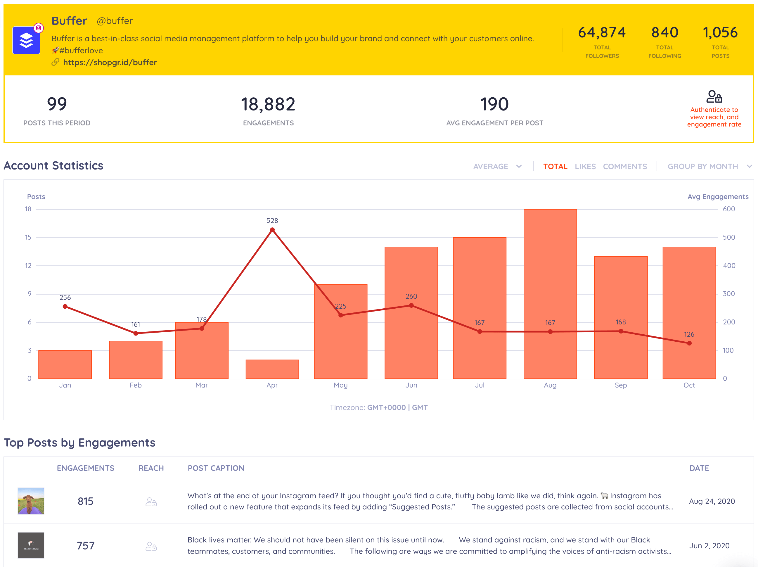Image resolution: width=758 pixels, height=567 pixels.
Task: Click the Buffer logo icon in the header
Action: tap(26, 40)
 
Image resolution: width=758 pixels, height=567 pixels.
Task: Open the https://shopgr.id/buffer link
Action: tap(110, 62)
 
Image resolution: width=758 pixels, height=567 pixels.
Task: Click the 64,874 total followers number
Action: tap(602, 32)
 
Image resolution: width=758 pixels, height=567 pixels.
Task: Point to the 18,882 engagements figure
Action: tap(268, 104)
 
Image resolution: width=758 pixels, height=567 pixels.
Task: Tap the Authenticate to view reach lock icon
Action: tap(714, 97)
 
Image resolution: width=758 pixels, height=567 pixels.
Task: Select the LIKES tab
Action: tap(585, 167)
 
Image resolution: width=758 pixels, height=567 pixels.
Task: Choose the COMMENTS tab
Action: tap(625, 167)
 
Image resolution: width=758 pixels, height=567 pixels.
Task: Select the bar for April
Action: tap(272, 369)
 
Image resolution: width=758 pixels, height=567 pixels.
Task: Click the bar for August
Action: tap(550, 294)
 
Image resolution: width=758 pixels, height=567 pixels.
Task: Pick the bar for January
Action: tap(65, 364)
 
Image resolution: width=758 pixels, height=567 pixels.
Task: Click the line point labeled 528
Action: tap(272, 230)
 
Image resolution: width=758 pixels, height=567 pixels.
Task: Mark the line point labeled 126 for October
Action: tap(689, 343)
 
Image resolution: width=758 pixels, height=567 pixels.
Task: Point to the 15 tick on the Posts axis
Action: tap(28, 237)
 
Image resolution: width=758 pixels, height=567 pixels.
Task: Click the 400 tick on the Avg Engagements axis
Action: tap(729, 266)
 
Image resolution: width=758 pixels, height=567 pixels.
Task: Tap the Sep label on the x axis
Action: tap(621, 385)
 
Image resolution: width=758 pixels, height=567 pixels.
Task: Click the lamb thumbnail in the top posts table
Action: tap(31, 501)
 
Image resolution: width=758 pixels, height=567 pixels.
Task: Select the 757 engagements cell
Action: tap(86, 545)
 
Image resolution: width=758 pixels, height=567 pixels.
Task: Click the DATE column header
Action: tap(699, 468)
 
